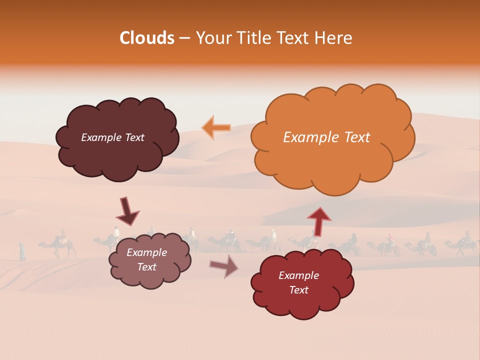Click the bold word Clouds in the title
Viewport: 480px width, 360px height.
pos(146,38)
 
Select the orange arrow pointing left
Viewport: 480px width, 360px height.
pos(216,127)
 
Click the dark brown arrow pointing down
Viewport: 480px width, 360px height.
pos(127,211)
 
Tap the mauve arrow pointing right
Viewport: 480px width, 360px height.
pos(223,265)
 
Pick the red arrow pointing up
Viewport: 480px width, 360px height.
pos(318,221)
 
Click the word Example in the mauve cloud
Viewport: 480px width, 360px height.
pos(147,252)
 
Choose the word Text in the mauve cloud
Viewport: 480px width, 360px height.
pos(147,267)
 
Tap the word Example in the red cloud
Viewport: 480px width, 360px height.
pos(298,275)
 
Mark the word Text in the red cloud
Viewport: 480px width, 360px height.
pos(298,290)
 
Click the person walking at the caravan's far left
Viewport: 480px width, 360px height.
pos(22,251)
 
